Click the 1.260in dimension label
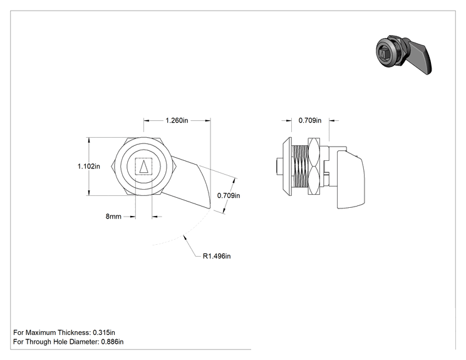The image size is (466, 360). click(x=177, y=120)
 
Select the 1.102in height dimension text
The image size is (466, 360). click(x=89, y=167)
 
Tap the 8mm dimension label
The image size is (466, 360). click(x=113, y=217)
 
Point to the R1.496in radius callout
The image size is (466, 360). click(x=217, y=256)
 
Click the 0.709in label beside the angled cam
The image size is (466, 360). click(x=229, y=195)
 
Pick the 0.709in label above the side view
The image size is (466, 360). click(x=310, y=120)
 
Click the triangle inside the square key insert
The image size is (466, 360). click(x=144, y=167)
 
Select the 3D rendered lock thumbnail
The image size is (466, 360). click(x=403, y=54)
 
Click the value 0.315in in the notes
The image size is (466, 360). click(x=104, y=332)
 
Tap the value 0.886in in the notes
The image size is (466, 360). click(x=112, y=342)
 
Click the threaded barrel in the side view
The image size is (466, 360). click(x=300, y=167)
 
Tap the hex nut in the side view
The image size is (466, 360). click(x=314, y=167)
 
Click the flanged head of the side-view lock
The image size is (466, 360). click(x=287, y=167)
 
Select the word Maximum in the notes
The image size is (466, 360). click(x=41, y=332)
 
